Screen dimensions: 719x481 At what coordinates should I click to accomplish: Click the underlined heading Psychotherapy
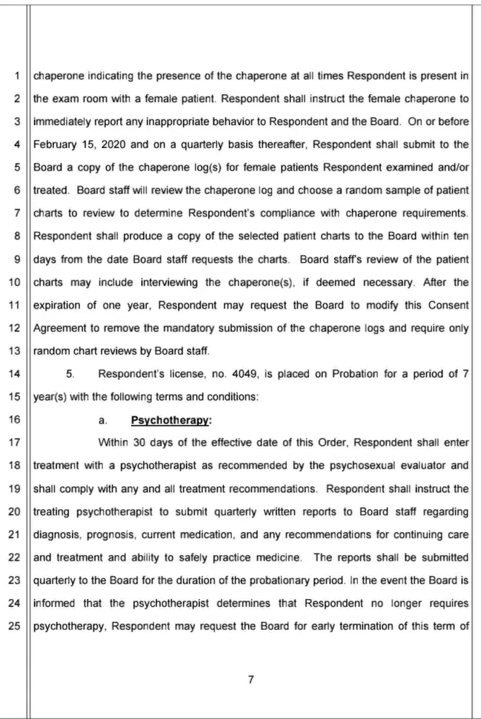(x=160, y=419)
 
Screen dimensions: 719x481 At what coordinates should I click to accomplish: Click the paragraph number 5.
(x=70, y=374)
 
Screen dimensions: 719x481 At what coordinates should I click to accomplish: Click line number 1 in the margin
(x=15, y=74)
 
